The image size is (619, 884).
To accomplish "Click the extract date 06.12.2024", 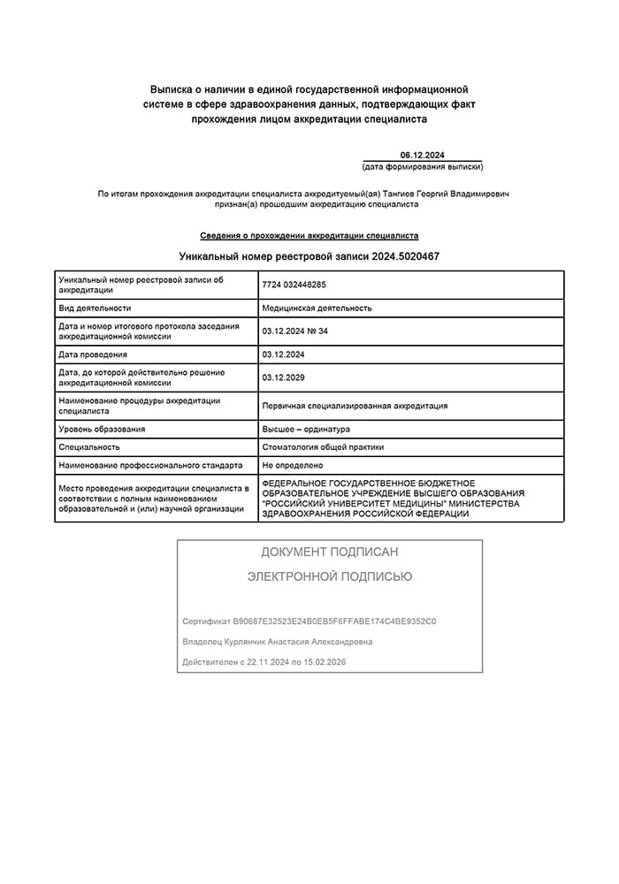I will click(x=422, y=155).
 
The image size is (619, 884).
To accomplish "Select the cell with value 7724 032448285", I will click(x=294, y=285).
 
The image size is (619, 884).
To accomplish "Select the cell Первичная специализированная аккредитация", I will click(x=355, y=406).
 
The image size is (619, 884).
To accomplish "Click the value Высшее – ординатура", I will click(x=306, y=429).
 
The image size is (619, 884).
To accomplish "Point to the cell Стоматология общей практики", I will click(x=323, y=447).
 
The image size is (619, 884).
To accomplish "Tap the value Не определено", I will click(x=293, y=465).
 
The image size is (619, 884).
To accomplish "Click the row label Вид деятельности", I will click(x=95, y=308).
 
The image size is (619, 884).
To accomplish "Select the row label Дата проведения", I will click(x=92, y=354).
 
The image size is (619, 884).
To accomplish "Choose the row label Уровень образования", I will click(x=102, y=429).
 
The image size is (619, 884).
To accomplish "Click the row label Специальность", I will click(x=89, y=447).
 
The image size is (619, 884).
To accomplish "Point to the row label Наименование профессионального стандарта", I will click(x=150, y=465).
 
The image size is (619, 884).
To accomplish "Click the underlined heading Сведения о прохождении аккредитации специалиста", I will click(x=309, y=236).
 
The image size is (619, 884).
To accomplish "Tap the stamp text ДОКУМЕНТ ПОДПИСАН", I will click(x=329, y=552).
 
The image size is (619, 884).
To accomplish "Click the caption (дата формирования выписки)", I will click(x=423, y=167).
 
